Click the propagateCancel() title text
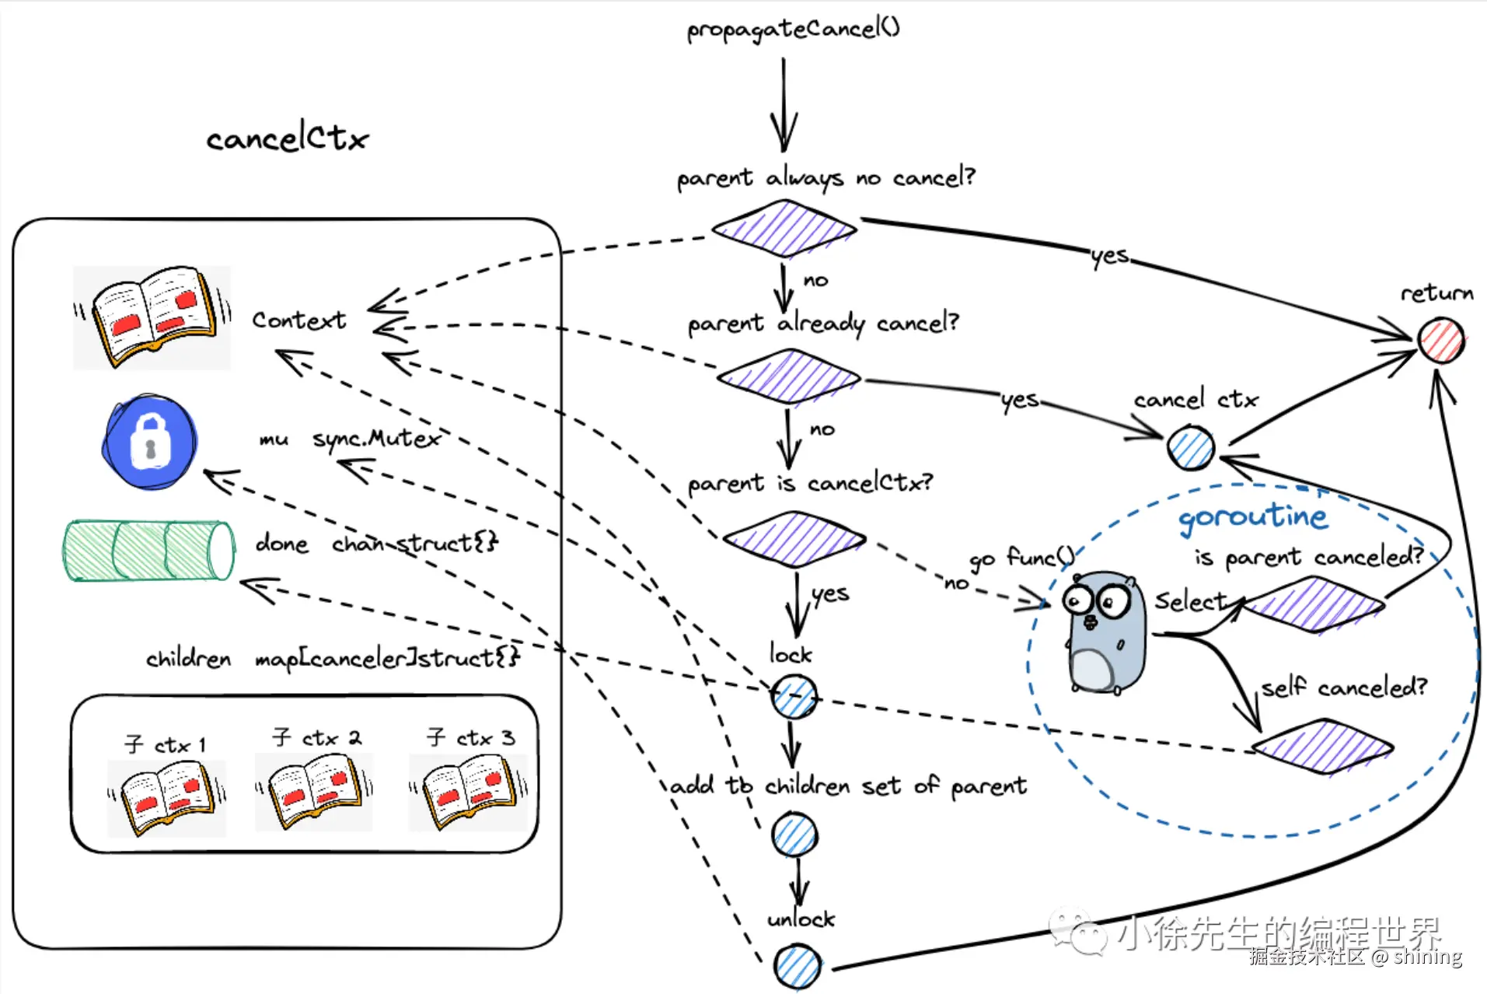(793, 30)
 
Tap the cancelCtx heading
(287, 139)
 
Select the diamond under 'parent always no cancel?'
(784, 229)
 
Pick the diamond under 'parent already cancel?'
(789, 377)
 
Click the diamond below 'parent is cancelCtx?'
(794, 538)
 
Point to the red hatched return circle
(1440, 340)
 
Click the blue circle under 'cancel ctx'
(1190, 448)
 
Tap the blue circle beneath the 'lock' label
(794, 696)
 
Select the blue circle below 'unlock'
(798, 967)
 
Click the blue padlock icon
(150, 442)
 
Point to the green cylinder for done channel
(148, 551)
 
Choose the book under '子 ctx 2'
(315, 792)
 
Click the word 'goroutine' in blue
(1252, 517)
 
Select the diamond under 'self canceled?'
(1322, 746)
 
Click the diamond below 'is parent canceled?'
(1314, 604)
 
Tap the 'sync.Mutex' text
(375, 439)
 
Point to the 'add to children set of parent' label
(848, 786)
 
